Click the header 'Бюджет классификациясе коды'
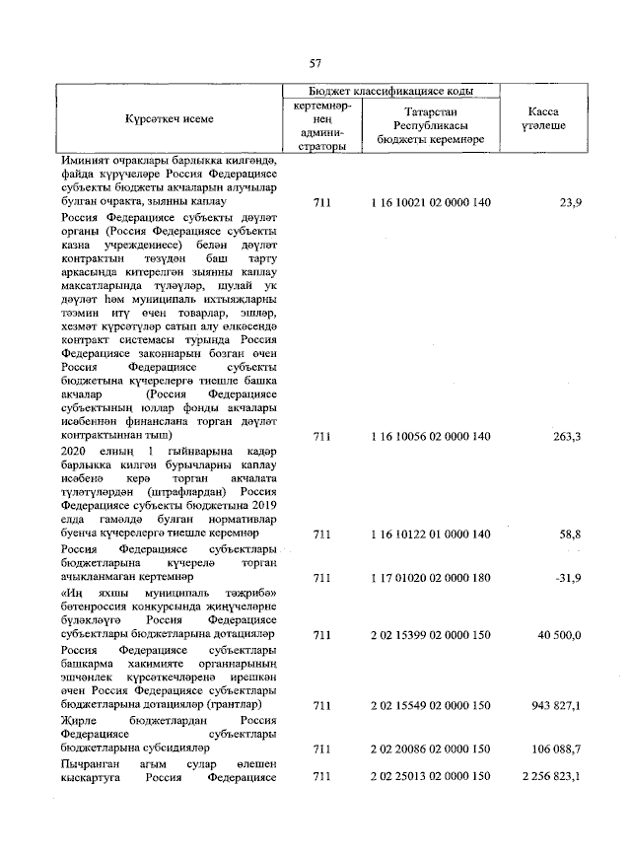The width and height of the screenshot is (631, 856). pyautogui.click(x=390, y=91)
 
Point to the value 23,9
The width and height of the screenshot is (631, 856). pyautogui.click(x=569, y=202)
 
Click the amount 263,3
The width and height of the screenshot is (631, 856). pyautogui.click(x=566, y=436)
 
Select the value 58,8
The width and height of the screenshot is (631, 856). pyautogui.click(x=568, y=534)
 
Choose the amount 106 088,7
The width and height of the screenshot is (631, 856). pyautogui.click(x=556, y=749)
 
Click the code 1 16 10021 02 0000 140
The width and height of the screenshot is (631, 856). pyautogui.click(x=430, y=202)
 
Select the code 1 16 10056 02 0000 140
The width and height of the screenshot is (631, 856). pyautogui.click(x=430, y=436)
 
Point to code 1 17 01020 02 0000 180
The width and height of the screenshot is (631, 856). pyautogui.click(x=430, y=576)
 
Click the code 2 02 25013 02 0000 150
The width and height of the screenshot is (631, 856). pyautogui.click(x=430, y=777)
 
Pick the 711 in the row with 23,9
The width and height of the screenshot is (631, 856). pyautogui.click(x=320, y=202)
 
